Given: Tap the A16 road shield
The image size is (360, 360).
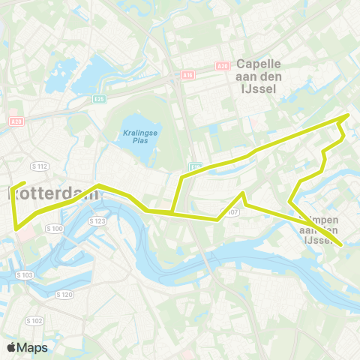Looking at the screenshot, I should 187,75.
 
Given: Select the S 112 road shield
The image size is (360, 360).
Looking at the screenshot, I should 40,166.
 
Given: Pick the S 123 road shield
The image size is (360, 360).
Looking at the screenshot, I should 97,221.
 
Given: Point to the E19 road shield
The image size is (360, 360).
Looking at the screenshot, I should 195,166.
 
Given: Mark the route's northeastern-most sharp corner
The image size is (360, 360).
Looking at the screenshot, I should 348,115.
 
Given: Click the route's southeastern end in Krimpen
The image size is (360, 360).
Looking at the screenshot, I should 341,244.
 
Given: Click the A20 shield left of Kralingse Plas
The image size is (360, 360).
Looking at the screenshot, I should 16,121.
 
